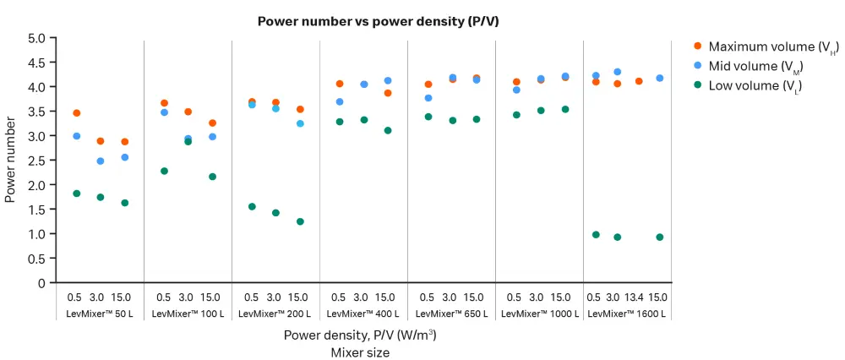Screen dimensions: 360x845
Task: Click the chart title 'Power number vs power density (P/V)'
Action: pos(379,22)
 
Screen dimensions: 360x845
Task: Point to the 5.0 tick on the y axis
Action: pos(36,38)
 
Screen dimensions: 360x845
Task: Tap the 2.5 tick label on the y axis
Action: pos(36,161)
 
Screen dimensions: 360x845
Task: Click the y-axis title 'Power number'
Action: pos(11,161)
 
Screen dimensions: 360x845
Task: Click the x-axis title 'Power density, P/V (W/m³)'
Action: pos(360,335)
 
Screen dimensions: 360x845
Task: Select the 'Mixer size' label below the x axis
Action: pos(360,352)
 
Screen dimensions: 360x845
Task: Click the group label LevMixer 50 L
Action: pos(100,314)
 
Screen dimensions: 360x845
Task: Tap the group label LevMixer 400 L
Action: pos(363,314)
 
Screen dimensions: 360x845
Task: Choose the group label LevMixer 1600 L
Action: pos(627,314)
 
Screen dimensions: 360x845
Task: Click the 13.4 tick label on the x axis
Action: pos(638,297)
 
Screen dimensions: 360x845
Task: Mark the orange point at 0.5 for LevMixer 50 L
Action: pos(77,113)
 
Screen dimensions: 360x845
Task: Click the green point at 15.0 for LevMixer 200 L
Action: pos(300,221)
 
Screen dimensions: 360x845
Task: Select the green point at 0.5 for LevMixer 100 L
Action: pos(164,171)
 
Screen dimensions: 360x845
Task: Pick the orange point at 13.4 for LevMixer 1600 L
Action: pos(639,81)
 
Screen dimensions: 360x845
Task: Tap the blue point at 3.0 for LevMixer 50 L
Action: pos(101,161)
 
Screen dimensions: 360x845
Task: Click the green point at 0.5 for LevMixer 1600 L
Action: pos(596,235)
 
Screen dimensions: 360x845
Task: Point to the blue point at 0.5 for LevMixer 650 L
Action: pos(428,98)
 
